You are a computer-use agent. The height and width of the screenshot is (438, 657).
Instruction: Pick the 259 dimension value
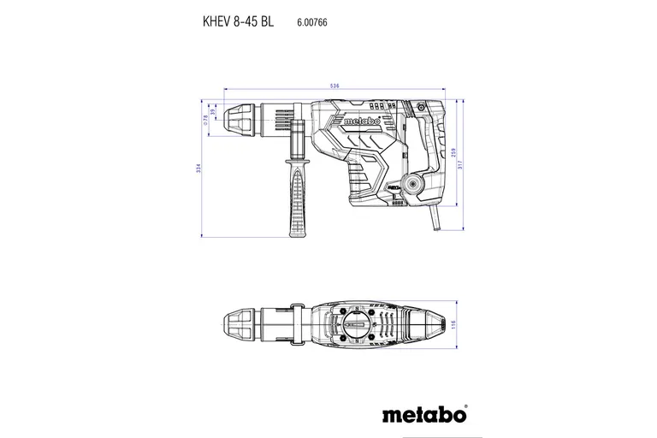(x=453, y=152)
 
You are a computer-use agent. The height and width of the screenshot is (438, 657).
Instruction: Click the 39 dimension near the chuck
(x=214, y=114)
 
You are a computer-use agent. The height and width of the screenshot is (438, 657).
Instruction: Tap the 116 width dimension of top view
(x=454, y=324)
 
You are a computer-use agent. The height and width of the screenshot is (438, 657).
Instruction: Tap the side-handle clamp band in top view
(x=297, y=324)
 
